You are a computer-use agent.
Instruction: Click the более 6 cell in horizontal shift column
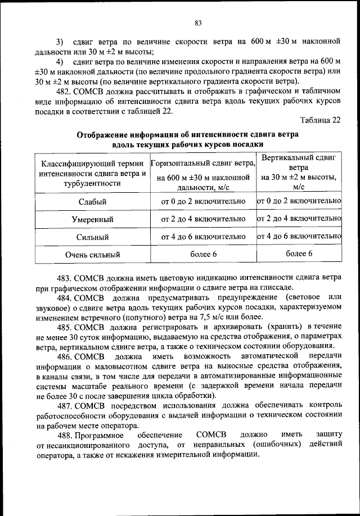point(203,254)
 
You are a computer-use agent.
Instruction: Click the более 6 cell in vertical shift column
point(299,254)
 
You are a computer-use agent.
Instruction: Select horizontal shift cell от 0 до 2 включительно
point(203,201)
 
